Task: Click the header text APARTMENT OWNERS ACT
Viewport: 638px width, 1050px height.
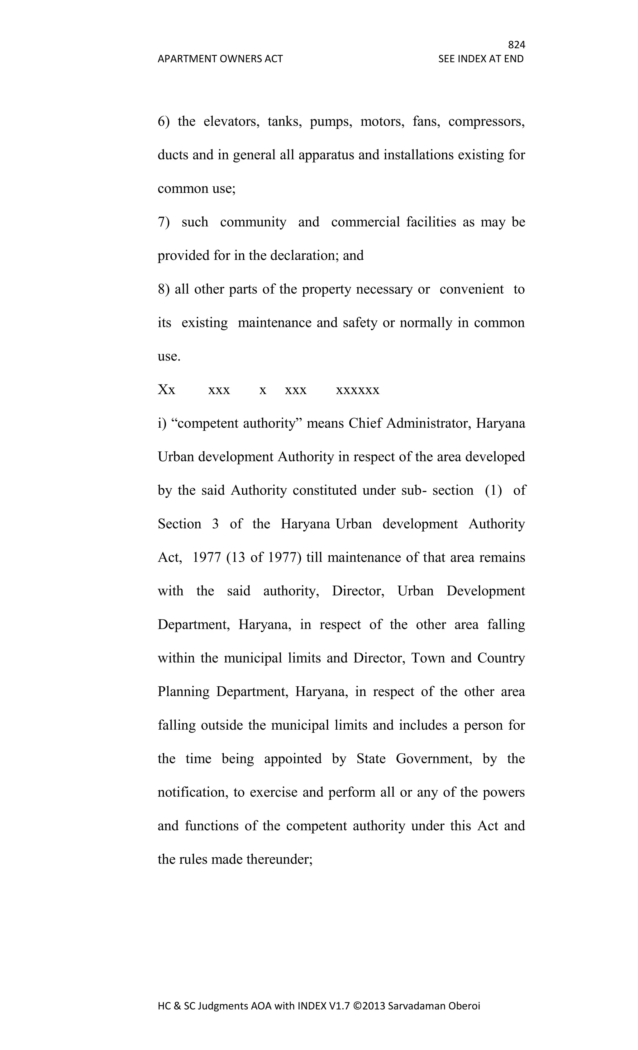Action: [x=220, y=59]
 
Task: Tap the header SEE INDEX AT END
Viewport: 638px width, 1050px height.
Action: [x=481, y=59]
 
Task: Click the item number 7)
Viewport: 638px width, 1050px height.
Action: [x=164, y=222]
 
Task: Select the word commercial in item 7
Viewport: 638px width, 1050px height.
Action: [x=365, y=222]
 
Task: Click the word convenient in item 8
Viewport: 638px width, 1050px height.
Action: [x=472, y=289]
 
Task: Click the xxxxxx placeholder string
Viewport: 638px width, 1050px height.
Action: [x=357, y=390]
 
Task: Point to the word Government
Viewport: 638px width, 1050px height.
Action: [x=434, y=759]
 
